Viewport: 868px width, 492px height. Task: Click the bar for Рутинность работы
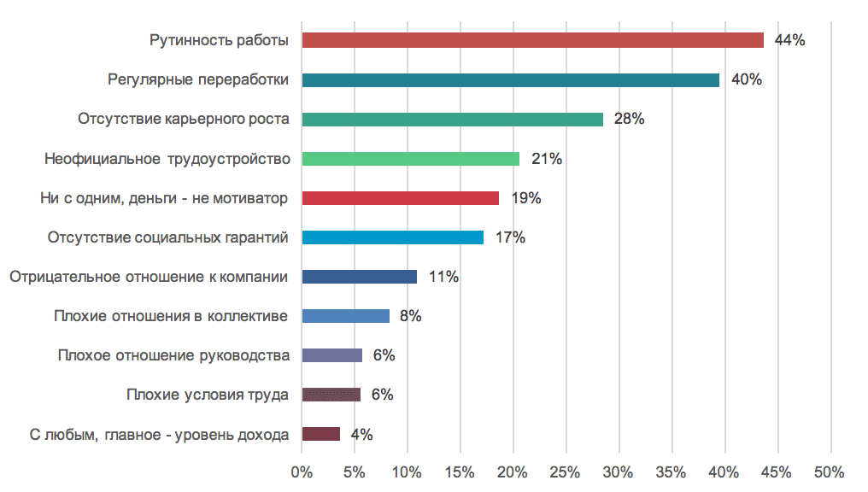532,40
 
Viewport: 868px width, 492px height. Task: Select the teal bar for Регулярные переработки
510,80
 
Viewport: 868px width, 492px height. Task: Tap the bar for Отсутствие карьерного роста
452,120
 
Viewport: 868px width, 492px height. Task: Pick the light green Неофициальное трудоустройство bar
410,159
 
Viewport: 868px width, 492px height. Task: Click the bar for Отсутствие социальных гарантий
392,237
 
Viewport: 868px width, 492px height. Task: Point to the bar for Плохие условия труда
331,395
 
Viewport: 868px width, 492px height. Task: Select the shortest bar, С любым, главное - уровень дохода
321,434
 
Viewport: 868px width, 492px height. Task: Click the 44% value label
789,40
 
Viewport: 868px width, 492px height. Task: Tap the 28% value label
629,120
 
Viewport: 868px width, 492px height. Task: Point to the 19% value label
526,198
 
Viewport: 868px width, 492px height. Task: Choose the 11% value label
443,277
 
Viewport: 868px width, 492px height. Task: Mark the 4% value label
361,434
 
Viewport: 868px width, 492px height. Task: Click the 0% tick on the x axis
302,471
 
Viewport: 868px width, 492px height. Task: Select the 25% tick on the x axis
566,471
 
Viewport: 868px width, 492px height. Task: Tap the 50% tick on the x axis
829,471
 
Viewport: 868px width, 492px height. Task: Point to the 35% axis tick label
672,471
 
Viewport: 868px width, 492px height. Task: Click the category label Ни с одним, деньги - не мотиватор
164,198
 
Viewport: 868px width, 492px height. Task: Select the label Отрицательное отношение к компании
148,277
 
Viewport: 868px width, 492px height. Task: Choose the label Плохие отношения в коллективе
170,316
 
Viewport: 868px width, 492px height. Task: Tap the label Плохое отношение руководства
173,355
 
